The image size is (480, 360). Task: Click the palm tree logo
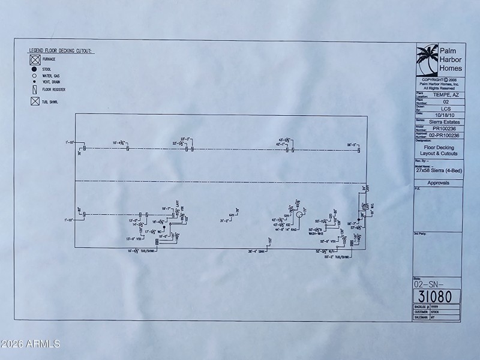pos(427,59)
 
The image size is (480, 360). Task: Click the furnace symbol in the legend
pos(35,60)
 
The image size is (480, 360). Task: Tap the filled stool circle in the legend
pos(35,70)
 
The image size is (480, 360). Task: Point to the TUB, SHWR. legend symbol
pos(35,101)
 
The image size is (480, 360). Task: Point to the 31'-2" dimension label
pos(225,221)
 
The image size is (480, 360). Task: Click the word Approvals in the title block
pos(438,182)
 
